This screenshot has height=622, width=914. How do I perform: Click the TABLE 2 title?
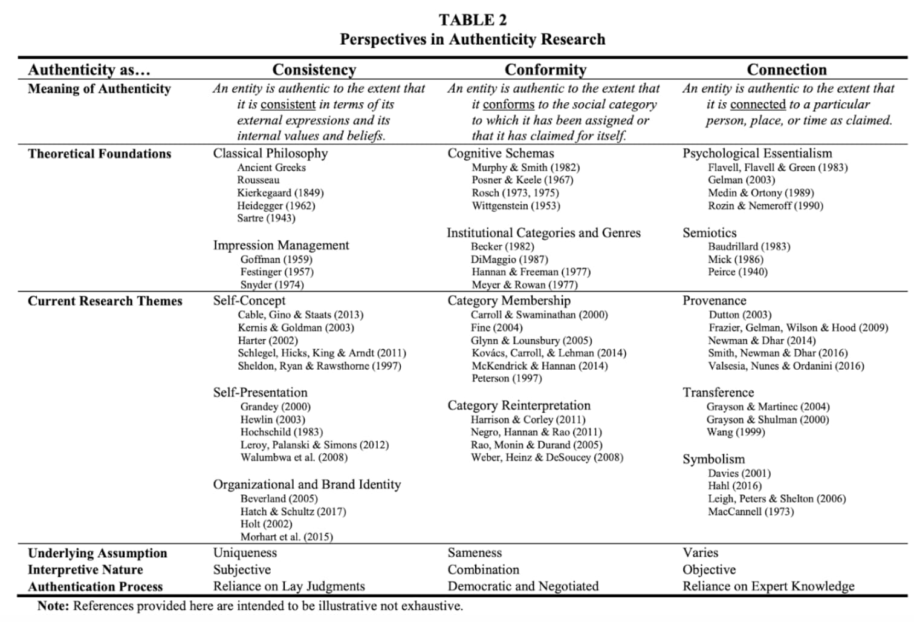(472, 20)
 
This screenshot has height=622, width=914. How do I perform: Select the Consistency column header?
(314, 70)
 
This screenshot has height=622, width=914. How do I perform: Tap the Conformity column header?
(545, 70)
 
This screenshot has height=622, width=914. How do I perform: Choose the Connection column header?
(786, 70)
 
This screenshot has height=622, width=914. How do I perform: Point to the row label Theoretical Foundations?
(99, 154)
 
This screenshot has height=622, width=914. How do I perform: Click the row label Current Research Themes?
(105, 301)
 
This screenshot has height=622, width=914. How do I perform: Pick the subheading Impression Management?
(281, 245)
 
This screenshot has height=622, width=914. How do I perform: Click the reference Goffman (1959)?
(276, 260)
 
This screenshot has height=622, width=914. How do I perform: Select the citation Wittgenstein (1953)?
(516, 206)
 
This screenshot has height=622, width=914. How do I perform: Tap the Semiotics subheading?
(710, 233)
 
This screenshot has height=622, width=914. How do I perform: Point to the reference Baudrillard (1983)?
(749, 247)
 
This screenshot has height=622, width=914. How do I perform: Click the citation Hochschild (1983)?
(282, 432)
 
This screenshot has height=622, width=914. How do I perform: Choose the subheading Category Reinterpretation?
(519, 405)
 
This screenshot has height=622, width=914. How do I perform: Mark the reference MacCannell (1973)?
(751, 512)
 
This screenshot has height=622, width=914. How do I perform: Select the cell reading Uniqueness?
(245, 553)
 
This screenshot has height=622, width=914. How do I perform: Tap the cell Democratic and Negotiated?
(523, 586)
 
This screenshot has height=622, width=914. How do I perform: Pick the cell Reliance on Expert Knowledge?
(768, 586)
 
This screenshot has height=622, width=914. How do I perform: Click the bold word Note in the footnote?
(53, 606)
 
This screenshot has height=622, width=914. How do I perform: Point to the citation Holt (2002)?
(266, 524)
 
